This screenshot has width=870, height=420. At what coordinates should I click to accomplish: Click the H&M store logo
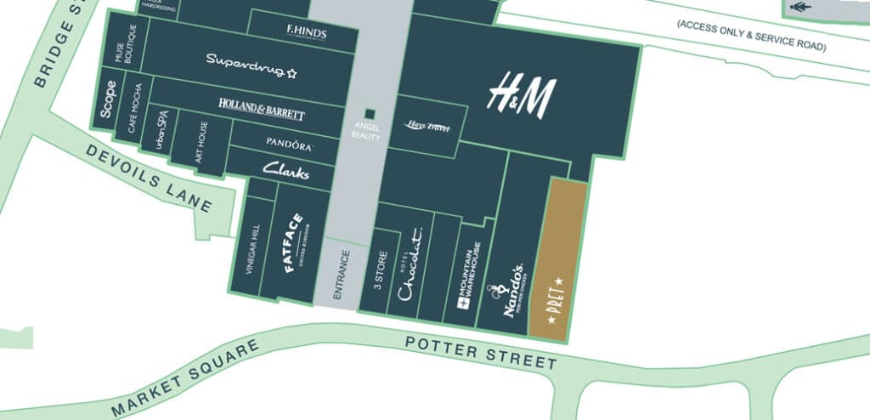(520, 95)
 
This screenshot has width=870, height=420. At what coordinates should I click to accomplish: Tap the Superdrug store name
(251, 62)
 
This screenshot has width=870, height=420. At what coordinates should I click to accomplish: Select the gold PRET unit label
(558, 294)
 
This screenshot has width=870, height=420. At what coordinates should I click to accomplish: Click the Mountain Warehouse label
(471, 275)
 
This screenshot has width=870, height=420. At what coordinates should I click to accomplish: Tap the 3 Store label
(380, 270)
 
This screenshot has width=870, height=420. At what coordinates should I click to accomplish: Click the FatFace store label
(293, 245)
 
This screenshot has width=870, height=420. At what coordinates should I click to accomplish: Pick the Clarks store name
(285, 169)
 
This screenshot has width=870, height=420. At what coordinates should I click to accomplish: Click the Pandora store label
(289, 142)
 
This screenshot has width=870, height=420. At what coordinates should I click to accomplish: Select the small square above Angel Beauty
(369, 114)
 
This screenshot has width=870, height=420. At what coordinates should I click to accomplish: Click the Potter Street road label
(481, 352)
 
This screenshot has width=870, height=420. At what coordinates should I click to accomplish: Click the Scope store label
(109, 99)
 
